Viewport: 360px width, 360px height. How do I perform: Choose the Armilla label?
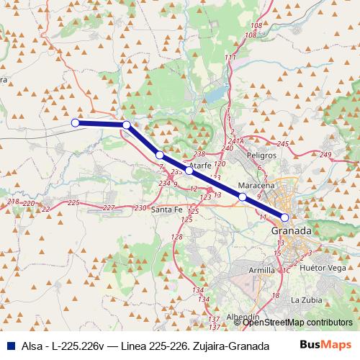point(261,269)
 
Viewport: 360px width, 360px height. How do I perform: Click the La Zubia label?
point(305,299)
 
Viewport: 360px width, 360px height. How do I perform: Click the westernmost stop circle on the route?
point(75,122)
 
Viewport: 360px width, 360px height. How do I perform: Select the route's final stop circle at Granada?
point(285,217)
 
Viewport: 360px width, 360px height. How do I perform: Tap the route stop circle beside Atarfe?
point(189,171)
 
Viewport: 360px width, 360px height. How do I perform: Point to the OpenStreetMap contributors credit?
point(297,323)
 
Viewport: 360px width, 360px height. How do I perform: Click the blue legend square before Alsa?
point(8,346)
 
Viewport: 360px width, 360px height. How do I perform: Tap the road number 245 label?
point(282,145)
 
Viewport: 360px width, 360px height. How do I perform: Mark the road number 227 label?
point(108,207)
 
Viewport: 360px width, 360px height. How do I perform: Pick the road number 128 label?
point(177,237)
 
